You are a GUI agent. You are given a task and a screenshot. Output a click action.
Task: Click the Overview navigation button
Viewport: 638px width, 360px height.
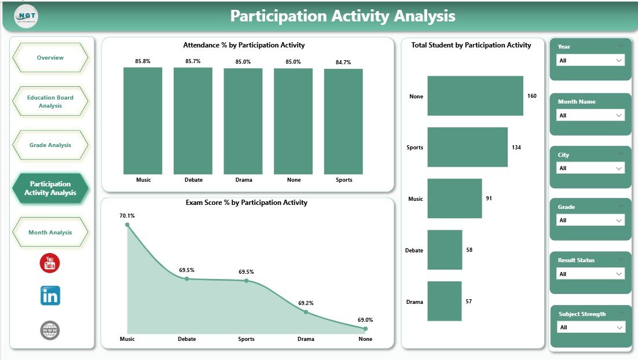pos(50,58)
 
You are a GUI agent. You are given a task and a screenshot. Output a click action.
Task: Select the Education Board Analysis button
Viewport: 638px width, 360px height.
pos(50,101)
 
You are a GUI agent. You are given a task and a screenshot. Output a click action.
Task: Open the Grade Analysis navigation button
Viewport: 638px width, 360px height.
pos(50,145)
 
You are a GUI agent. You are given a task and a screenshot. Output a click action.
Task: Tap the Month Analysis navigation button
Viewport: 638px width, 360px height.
pos(50,232)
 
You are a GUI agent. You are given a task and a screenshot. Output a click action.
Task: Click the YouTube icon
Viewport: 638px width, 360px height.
pos(50,263)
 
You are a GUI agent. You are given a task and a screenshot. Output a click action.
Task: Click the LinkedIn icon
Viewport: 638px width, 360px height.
pos(50,296)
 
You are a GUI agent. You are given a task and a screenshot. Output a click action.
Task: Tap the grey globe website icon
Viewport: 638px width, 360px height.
pos(50,330)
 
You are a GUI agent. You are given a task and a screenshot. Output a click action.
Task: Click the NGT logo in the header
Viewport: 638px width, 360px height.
pos(26,16)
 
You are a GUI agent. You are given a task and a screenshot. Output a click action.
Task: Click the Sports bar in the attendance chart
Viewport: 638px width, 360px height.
pos(343,122)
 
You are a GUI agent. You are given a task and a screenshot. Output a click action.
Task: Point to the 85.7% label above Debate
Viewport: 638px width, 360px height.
pos(193,61)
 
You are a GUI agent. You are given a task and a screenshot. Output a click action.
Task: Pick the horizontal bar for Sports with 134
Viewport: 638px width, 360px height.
pos(467,147)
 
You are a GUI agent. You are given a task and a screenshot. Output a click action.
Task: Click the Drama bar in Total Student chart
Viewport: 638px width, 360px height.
pos(444,301)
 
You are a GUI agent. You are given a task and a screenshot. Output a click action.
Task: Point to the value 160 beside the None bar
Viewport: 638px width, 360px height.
pos(532,96)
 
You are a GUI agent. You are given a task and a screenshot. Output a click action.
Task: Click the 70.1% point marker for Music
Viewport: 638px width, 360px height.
pos(127,225)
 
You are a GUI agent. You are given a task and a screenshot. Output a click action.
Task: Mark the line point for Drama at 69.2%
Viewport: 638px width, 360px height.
pos(306,312)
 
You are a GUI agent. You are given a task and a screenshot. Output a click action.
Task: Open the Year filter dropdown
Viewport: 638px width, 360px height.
pos(590,60)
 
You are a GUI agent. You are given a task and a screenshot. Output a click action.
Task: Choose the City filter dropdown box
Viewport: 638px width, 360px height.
pos(590,168)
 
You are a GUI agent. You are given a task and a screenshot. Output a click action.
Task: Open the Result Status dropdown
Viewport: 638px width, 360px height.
pos(590,274)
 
